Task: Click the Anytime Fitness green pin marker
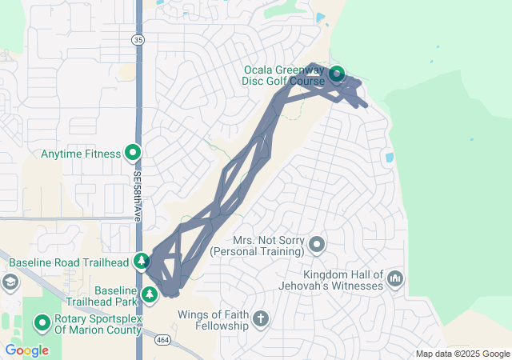(x=133, y=152)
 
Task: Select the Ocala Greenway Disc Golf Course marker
(x=337, y=74)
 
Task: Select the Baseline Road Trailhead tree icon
(x=142, y=261)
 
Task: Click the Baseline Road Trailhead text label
(x=69, y=262)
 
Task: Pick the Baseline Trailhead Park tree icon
(x=150, y=295)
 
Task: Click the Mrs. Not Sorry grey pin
(x=318, y=244)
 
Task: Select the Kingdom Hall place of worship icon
(x=395, y=278)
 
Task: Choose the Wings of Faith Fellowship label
(x=214, y=320)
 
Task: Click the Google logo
(x=26, y=350)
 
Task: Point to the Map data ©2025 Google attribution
(x=462, y=354)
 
